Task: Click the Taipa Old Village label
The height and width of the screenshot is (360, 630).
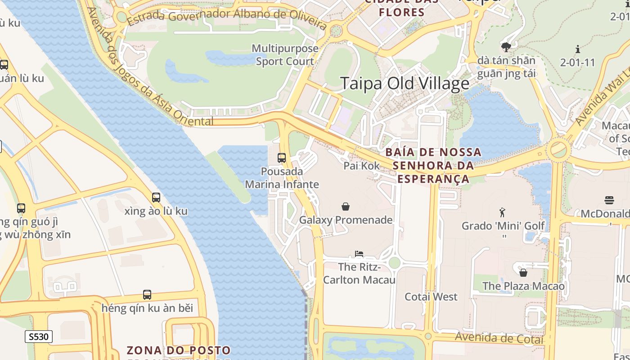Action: point(405,84)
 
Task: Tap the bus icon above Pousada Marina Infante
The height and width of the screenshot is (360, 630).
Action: point(282,158)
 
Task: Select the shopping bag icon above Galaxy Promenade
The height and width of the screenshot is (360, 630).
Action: point(346,207)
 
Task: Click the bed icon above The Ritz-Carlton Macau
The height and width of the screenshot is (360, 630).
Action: point(359,254)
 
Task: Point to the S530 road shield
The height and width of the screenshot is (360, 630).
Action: point(39,337)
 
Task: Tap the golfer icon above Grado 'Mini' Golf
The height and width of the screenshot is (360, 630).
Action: point(503,212)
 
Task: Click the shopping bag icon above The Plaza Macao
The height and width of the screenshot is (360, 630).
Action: point(523,273)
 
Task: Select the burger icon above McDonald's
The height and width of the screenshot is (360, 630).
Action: point(609,200)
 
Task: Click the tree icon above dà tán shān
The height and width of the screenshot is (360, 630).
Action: point(506,47)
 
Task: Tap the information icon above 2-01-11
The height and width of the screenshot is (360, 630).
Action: point(578,49)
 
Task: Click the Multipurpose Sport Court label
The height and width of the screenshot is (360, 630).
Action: point(285,55)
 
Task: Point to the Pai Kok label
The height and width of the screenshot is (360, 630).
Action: point(362,166)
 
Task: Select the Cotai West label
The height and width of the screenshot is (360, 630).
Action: point(431,297)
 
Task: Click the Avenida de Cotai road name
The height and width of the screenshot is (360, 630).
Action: point(499,338)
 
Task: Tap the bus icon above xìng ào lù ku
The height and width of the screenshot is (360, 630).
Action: point(156,198)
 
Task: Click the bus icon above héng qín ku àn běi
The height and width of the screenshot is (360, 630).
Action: point(147,295)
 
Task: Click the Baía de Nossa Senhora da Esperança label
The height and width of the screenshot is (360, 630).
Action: point(433,166)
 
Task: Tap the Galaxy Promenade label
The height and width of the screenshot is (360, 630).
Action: point(346,220)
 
